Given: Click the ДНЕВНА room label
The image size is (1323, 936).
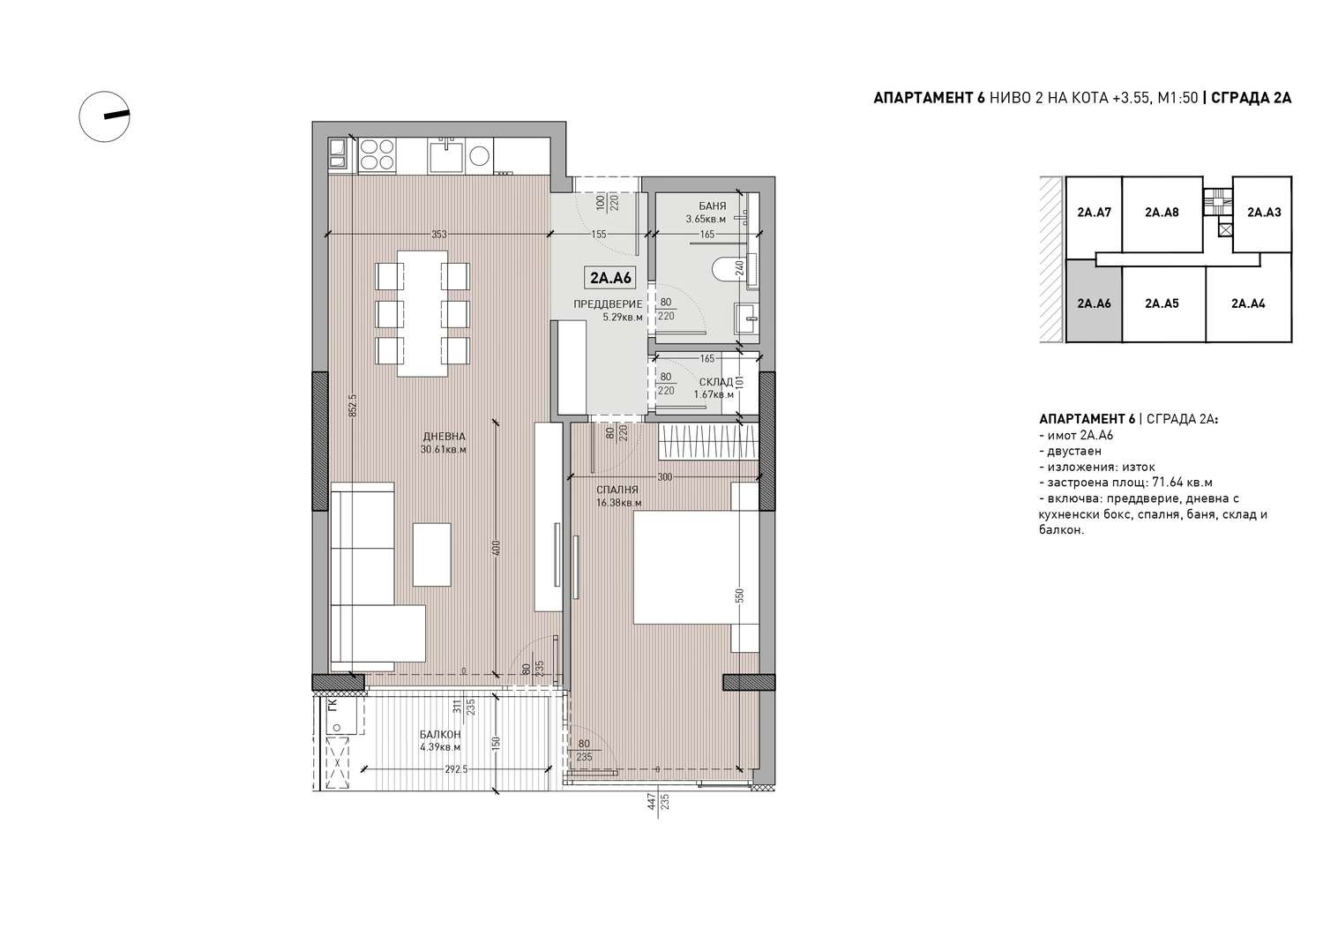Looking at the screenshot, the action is coord(445,437).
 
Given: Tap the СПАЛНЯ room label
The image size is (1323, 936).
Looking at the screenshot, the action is coord(617,490).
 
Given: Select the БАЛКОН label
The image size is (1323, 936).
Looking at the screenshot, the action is coord(440,735).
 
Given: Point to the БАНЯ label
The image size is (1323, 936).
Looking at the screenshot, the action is coord(713,206).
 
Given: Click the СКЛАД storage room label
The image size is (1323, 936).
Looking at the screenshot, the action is coord(716,382).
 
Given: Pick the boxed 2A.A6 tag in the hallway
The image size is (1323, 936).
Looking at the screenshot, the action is coord(610,278).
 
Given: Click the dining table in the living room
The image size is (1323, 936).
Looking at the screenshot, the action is coord(422,313).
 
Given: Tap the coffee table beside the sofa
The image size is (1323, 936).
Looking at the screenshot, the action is coord(432,554).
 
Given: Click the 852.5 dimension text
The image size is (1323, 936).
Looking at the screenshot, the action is coord(353,406).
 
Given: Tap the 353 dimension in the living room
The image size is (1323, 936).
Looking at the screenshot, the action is coord(439,235).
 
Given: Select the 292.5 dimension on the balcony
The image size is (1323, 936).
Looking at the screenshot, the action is coord(456,769).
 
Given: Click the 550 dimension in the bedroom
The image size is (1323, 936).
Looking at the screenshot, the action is coord(739,595).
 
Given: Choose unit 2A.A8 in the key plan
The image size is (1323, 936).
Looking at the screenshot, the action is coord(1162,212).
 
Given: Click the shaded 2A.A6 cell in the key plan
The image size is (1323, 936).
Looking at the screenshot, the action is coord(1094,303).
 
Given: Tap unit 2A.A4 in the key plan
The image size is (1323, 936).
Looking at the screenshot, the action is coord(1248,303).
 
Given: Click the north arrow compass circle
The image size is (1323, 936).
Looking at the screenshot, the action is coord(105,116).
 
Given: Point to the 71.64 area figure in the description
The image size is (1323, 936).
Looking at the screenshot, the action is coord(1168,483).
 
